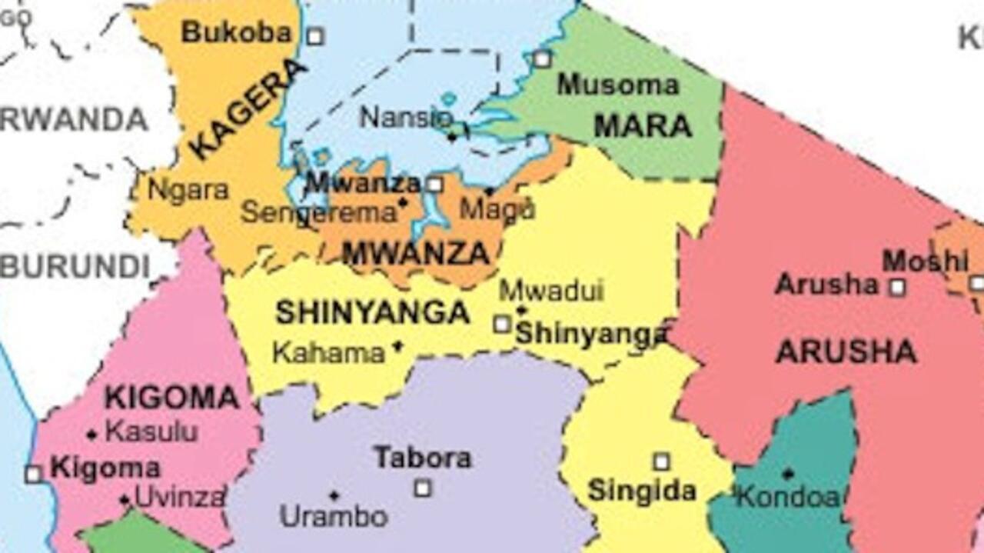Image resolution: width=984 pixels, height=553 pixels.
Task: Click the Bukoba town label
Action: (x=237, y=32)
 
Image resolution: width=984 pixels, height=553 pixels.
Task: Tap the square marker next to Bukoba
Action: (x=315, y=36)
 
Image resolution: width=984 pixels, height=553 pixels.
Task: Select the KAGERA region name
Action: (x=248, y=109)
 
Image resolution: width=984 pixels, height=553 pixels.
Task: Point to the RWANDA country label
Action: (x=74, y=120)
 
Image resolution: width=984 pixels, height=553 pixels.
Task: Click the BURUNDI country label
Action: (x=75, y=267)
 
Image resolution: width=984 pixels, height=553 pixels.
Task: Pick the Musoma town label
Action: (x=618, y=85)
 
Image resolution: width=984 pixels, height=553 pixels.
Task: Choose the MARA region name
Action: (x=643, y=126)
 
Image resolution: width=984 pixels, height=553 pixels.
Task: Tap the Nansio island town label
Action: (x=406, y=118)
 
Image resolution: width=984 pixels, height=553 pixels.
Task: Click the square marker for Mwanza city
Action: (x=435, y=185)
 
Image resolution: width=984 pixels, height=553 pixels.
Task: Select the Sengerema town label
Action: (x=318, y=213)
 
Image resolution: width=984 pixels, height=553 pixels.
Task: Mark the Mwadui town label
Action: (x=551, y=291)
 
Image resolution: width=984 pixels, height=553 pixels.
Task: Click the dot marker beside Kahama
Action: (x=397, y=346)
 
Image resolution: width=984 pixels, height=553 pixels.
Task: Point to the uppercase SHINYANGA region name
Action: (x=373, y=312)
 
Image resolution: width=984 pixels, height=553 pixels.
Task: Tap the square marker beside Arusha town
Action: (x=897, y=288)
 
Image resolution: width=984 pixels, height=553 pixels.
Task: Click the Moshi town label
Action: (x=925, y=262)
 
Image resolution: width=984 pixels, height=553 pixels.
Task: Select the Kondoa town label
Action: (x=789, y=498)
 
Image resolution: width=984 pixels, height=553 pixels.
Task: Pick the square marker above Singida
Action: (x=661, y=461)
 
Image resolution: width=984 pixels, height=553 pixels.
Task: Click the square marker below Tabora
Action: (x=423, y=488)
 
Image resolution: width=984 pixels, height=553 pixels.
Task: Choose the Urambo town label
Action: (x=334, y=516)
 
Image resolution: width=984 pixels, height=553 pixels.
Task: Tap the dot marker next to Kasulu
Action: (x=92, y=435)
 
